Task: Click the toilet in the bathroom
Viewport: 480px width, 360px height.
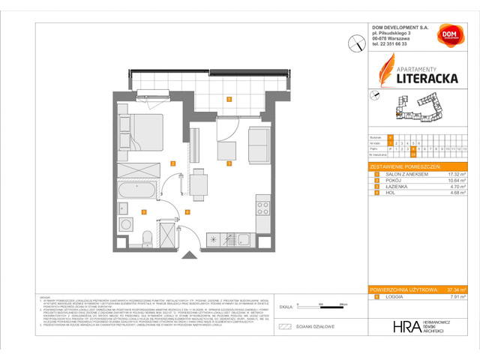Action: [148, 238]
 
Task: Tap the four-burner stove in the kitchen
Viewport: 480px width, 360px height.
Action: [262, 203]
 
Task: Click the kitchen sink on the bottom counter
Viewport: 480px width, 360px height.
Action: [243, 239]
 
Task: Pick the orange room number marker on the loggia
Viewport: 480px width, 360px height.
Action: [229, 99]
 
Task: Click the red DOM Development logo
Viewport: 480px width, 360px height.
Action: [448, 36]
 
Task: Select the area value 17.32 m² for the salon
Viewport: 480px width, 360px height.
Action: [452, 174]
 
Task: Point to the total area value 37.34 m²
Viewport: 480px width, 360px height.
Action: [451, 288]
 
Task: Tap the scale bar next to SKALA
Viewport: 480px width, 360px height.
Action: [319, 307]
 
